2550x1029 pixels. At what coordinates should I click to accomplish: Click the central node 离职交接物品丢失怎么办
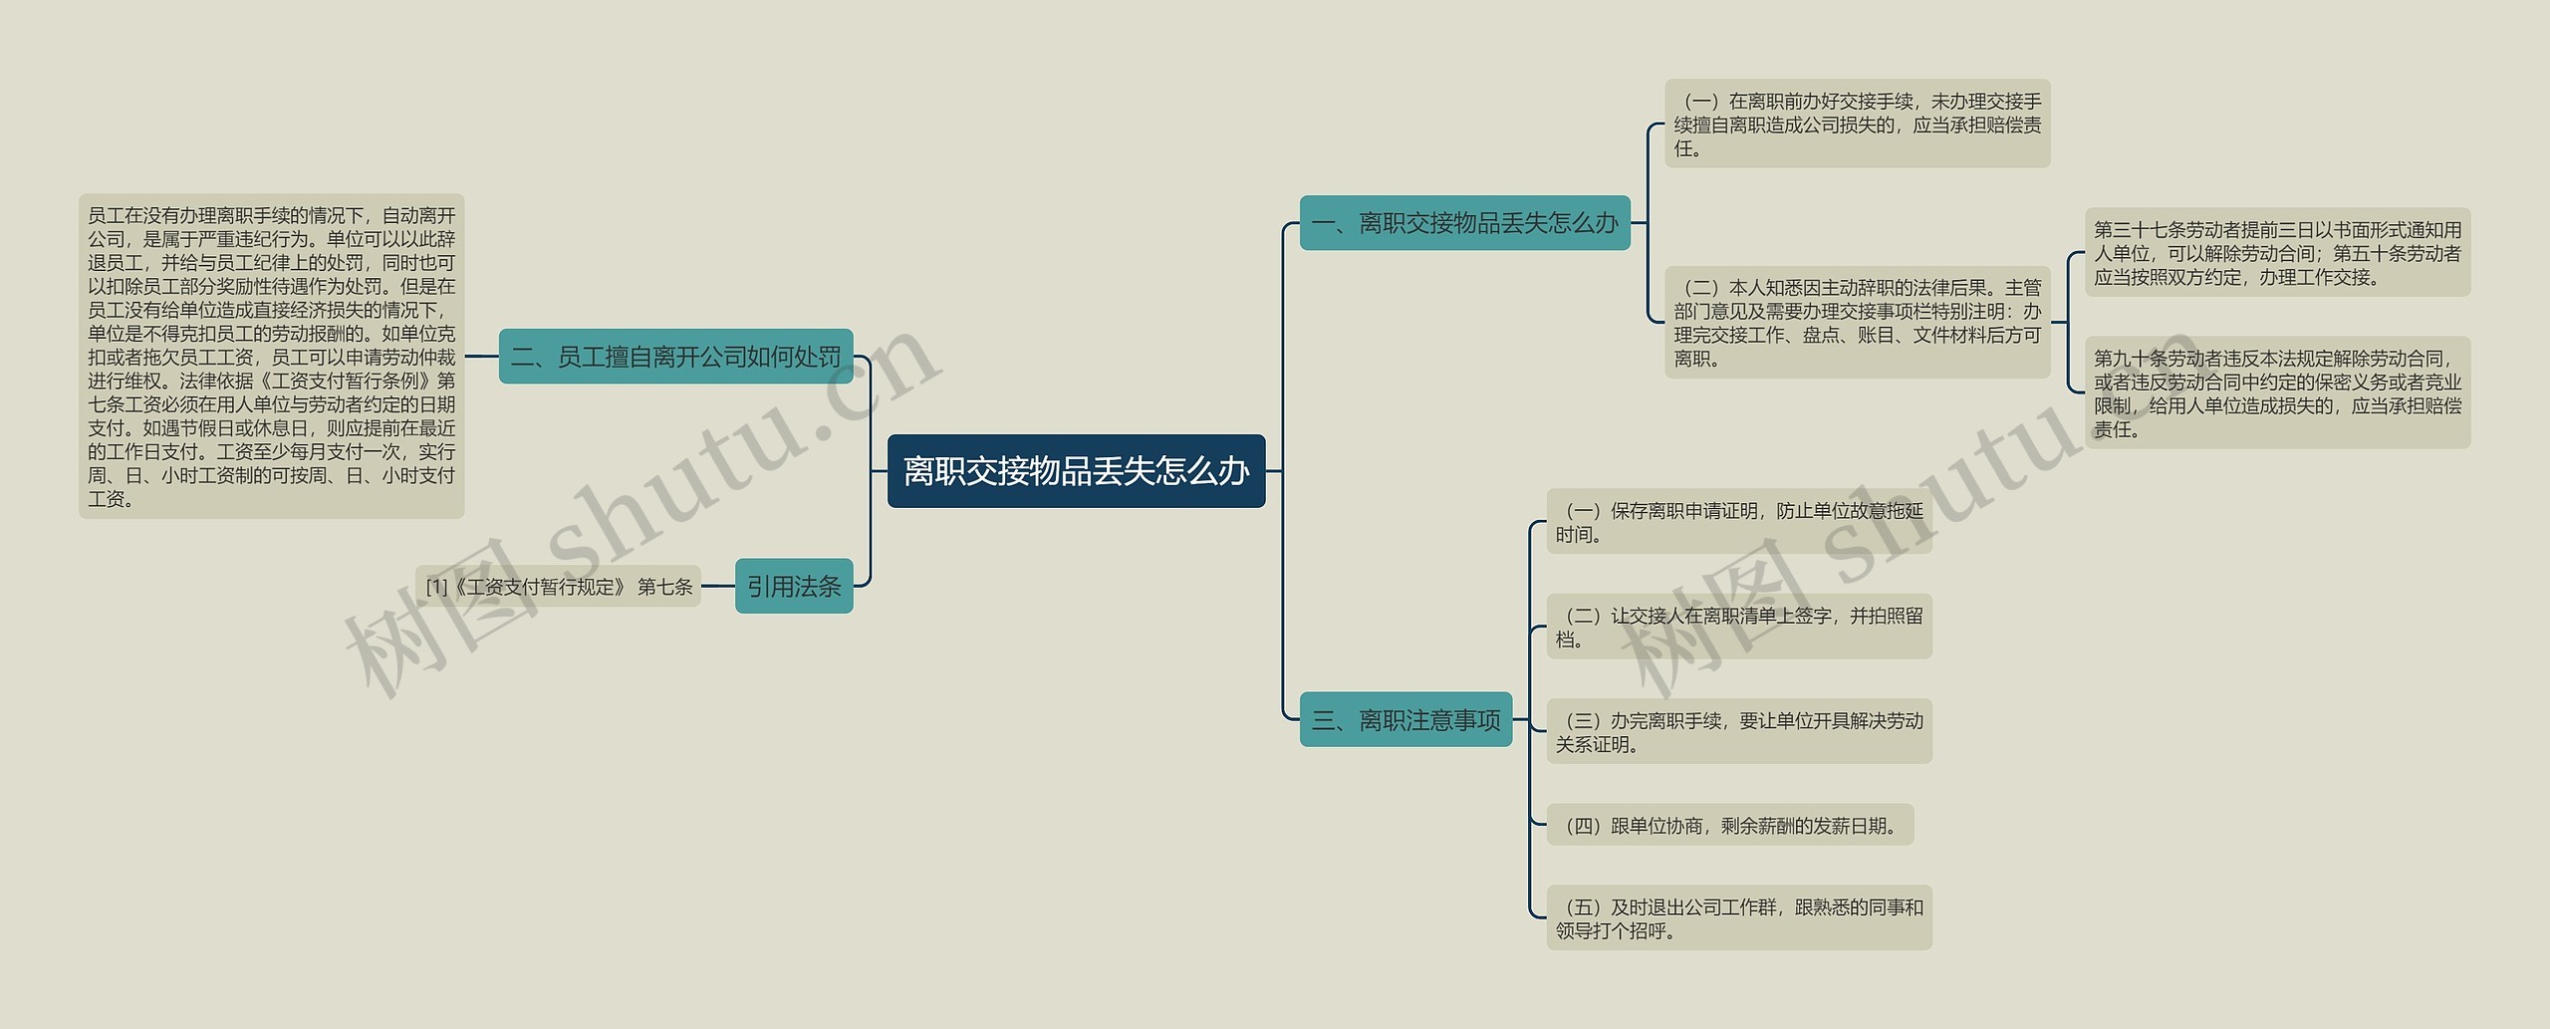1076,471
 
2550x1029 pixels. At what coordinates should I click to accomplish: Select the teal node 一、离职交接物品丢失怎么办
1464,223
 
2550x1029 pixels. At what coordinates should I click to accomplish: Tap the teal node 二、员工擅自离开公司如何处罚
675,357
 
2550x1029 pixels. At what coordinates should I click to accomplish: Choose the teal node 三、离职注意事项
1405,719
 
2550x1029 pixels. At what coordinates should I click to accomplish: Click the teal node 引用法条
794,586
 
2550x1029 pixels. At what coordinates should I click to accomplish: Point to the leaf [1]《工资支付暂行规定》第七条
559,587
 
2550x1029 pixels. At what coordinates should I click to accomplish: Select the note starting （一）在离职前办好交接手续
1857,125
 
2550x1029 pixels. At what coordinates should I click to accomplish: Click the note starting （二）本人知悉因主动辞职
1857,323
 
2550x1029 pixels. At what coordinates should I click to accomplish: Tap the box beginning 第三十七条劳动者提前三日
2277,253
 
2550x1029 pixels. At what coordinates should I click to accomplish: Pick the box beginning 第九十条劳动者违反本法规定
2277,392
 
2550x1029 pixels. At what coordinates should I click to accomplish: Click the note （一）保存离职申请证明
1738,522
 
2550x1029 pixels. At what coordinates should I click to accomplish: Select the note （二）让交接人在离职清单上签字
1738,627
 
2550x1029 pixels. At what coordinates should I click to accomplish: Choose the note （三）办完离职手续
1738,731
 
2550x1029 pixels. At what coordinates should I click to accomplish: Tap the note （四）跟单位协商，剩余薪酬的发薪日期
1729,825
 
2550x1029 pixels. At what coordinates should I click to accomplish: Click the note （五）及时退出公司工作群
1738,917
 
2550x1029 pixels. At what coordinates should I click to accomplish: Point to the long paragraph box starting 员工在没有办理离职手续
271,357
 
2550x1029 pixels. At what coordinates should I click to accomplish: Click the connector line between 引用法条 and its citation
718,587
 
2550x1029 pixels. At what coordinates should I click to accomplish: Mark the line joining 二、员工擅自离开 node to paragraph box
481,357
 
